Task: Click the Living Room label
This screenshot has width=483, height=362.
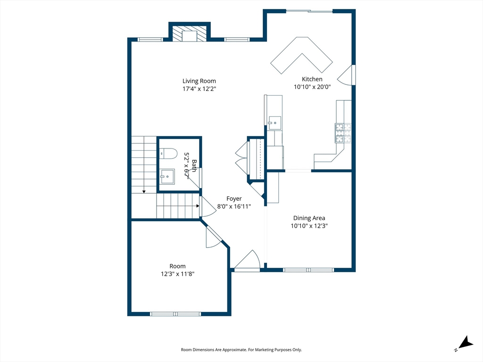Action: point(199,81)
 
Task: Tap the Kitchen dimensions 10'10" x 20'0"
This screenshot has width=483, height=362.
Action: point(312,87)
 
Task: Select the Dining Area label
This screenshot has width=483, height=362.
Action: point(309,218)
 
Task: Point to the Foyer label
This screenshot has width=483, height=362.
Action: point(234,198)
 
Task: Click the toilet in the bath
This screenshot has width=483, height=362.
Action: point(168,153)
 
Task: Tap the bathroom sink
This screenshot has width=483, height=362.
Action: point(167,176)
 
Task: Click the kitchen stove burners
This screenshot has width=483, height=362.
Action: point(343,133)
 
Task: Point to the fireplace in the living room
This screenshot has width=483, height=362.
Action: point(190,33)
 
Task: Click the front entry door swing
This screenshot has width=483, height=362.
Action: point(247,261)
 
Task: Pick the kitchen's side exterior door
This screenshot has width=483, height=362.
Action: point(346,75)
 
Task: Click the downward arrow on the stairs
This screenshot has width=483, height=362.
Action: point(144,191)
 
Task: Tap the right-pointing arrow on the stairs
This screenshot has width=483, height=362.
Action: point(197,206)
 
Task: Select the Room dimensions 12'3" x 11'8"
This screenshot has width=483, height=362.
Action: point(177,274)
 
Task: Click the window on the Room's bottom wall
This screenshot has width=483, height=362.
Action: point(175,314)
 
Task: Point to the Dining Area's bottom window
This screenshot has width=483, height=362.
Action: point(308,270)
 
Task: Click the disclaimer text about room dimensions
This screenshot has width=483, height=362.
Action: point(241,350)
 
